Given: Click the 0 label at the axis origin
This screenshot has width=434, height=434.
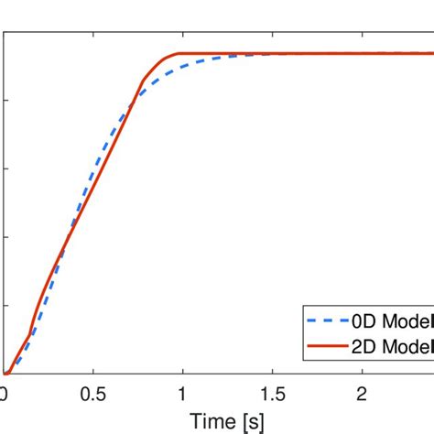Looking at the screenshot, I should coord(5,393).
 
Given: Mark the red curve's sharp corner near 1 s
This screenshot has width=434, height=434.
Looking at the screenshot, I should coord(179,54).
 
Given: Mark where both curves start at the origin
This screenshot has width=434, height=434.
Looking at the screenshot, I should coord(5,374).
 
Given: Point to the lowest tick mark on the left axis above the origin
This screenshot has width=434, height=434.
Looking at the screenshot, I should coord(6,306).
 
